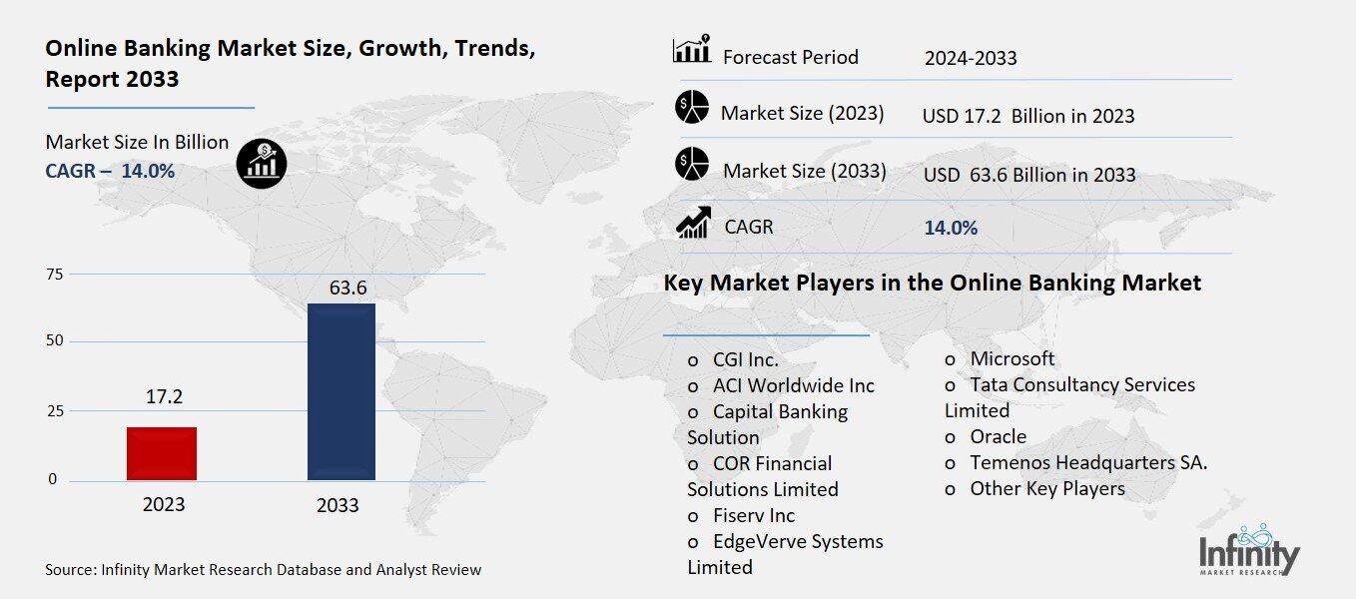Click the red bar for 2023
162,453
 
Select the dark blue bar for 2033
340,391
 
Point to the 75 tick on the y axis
54,275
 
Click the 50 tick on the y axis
54,341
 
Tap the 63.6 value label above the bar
348,289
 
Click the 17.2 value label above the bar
163,397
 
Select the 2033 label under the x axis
338,505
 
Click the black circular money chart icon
262,162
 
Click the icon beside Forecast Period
691,49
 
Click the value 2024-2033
971,58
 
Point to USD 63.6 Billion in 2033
1029,175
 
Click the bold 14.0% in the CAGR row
951,228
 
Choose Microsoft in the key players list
1012,358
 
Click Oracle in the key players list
998,436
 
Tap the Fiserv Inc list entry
753,515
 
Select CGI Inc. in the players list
745,359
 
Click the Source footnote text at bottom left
263,570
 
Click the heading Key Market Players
932,283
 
